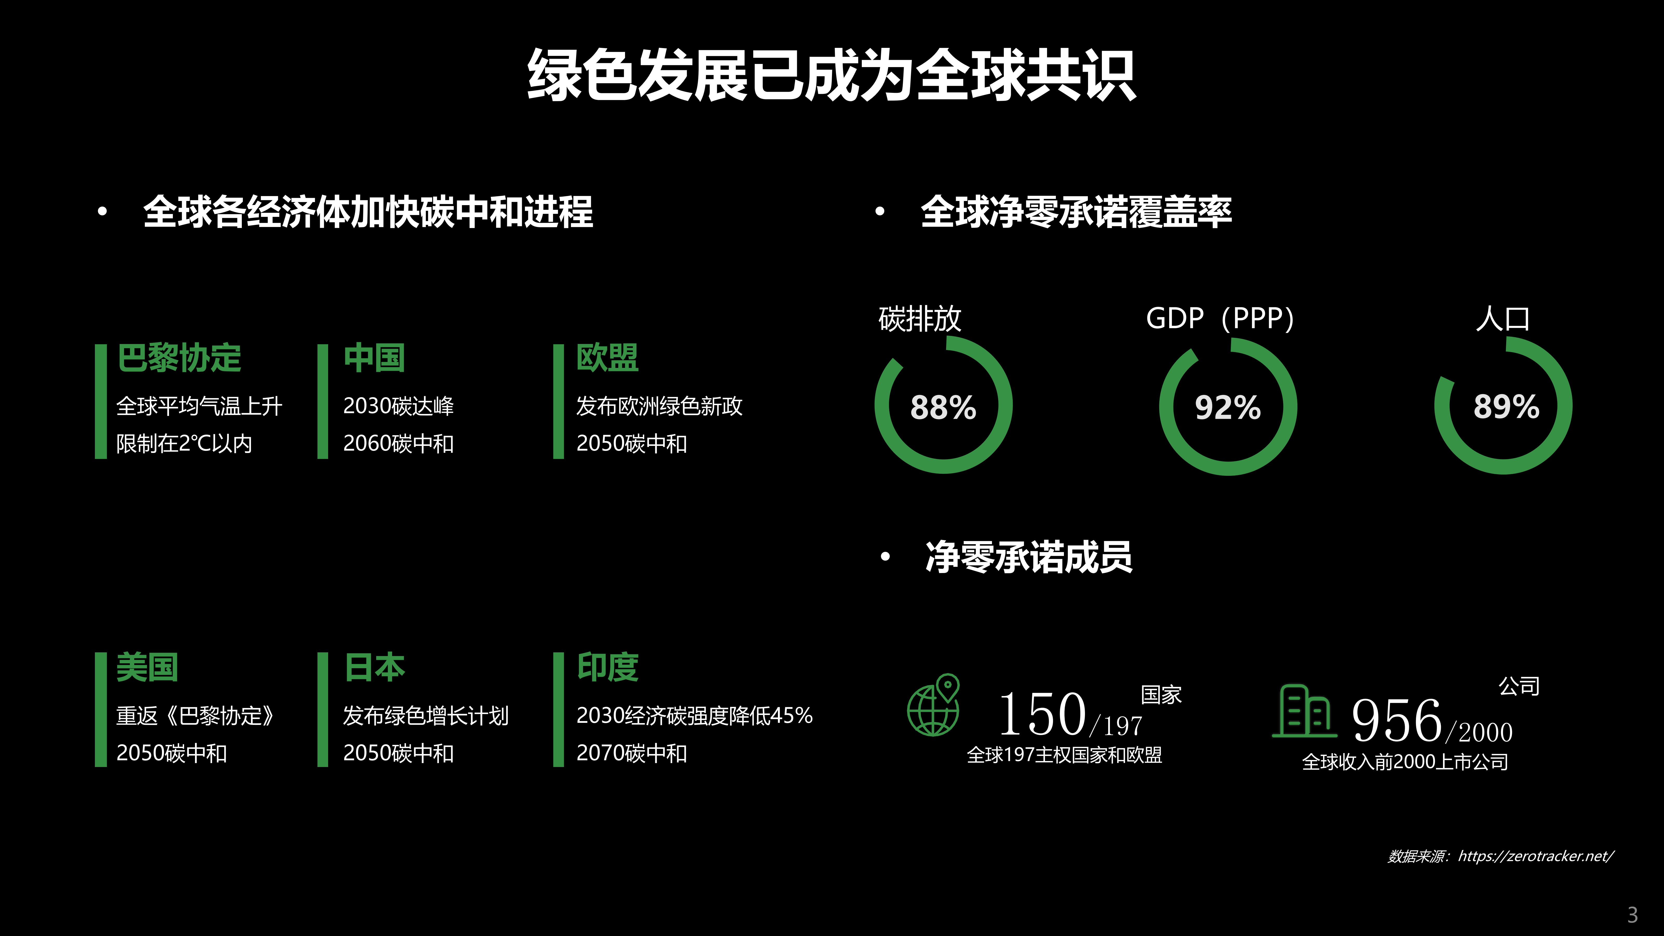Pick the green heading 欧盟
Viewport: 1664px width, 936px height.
point(607,358)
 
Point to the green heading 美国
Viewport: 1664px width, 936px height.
point(147,667)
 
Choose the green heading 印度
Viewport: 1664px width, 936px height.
point(607,667)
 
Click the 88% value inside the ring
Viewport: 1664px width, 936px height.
point(943,408)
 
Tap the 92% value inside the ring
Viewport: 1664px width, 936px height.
point(1227,408)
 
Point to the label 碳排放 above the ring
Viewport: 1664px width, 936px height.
point(920,318)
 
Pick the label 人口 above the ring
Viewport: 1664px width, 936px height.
point(1503,318)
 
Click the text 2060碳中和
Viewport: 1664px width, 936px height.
point(399,444)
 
